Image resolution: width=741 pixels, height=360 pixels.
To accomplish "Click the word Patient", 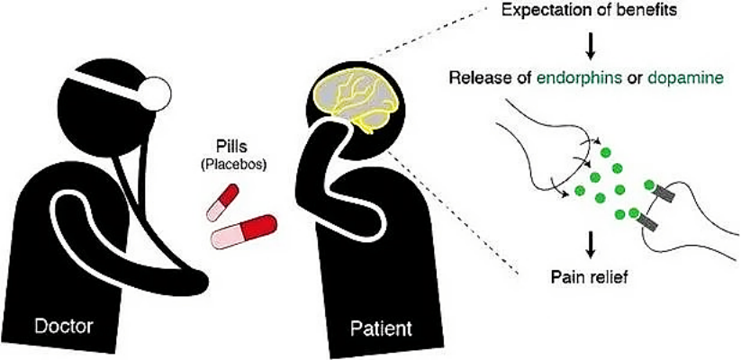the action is pyautogui.click(x=381, y=327).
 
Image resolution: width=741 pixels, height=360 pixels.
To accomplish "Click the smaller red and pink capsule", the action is pyautogui.click(x=222, y=202).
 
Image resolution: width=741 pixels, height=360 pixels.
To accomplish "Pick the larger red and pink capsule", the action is pyautogui.click(x=243, y=231).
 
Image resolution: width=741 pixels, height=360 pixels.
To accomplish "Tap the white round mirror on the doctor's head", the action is pyautogui.click(x=156, y=93).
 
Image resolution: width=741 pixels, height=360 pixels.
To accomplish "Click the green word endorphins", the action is pyautogui.click(x=592, y=78).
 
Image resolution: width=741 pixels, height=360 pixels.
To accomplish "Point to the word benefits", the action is pyautogui.click(x=651, y=10).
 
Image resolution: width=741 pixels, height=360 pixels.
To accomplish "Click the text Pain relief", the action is pyautogui.click(x=589, y=276).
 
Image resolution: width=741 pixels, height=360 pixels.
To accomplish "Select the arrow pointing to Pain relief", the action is pyautogui.click(x=590, y=246).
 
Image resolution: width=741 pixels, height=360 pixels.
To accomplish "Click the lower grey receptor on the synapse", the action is pyautogui.click(x=650, y=222).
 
